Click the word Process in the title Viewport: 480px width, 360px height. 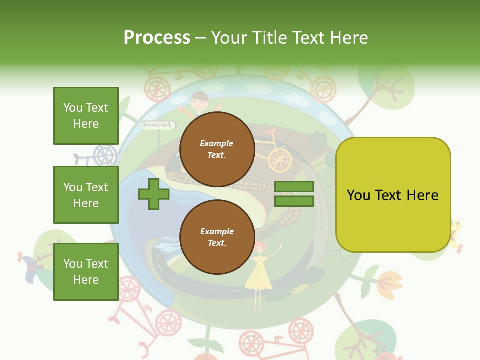157,37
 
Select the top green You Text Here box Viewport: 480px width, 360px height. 86,116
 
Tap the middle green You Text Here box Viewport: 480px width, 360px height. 86,195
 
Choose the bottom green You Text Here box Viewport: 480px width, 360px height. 86,271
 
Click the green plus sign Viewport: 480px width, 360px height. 154,194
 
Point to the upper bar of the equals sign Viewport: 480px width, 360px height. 294,187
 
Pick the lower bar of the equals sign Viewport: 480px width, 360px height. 294,201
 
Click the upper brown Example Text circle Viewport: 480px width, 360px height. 217,149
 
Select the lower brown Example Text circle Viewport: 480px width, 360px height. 217,237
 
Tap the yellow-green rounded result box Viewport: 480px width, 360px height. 393,195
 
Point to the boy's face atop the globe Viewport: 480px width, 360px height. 199,101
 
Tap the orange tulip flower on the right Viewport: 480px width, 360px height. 389,283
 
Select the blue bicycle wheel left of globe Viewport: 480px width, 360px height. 105,155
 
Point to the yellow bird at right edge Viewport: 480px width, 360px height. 456,232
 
